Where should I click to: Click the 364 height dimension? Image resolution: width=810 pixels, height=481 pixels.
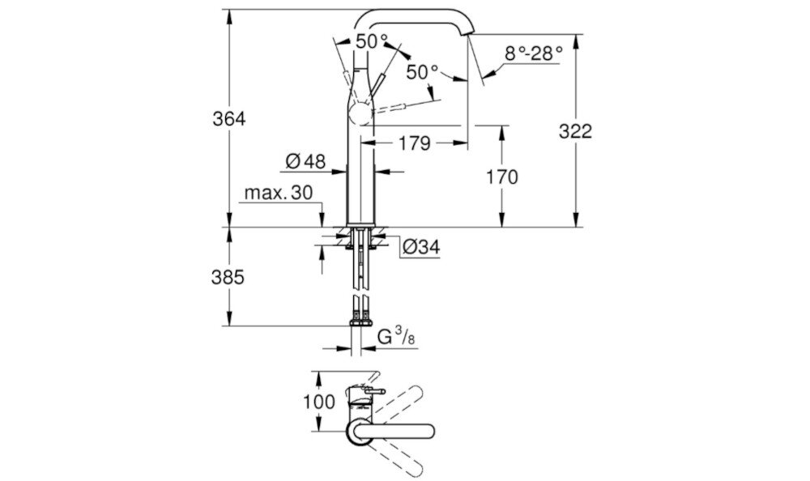click(228, 118)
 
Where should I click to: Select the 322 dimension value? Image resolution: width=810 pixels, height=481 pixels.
click(575, 131)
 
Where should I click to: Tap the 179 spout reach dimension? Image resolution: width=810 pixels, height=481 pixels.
click(415, 144)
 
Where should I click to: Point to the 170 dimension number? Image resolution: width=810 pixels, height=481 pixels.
click(502, 177)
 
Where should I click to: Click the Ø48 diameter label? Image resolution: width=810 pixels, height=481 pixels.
click(305, 162)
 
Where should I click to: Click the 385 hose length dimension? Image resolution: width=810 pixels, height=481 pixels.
click(228, 277)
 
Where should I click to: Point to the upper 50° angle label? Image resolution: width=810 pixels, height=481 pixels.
click(372, 40)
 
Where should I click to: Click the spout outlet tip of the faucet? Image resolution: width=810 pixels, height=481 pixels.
click(469, 36)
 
